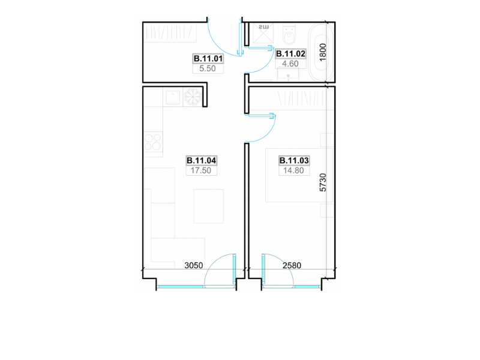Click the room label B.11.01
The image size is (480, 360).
click(208, 58)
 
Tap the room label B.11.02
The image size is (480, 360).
click(290, 54)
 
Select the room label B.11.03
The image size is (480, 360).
click(294, 160)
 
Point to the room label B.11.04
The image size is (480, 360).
click(202, 160)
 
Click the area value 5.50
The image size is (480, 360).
click(208, 68)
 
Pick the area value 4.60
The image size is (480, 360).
click(290, 64)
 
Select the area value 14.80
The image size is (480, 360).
click(293, 170)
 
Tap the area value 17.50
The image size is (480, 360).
click(201, 170)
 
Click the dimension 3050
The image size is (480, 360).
click(194, 265)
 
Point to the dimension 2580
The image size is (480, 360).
click(292, 265)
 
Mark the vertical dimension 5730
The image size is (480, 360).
click(323, 182)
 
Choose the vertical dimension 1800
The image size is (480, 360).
click(323, 52)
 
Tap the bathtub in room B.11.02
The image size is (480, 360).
click(320, 52)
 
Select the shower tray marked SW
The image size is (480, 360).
click(263, 34)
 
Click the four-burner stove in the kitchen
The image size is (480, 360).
click(153, 142)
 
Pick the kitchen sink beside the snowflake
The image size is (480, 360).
click(173, 97)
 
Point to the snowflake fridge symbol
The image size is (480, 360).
click(193, 97)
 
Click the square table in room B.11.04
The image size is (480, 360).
click(209, 206)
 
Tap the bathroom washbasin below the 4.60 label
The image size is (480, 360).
click(288, 74)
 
